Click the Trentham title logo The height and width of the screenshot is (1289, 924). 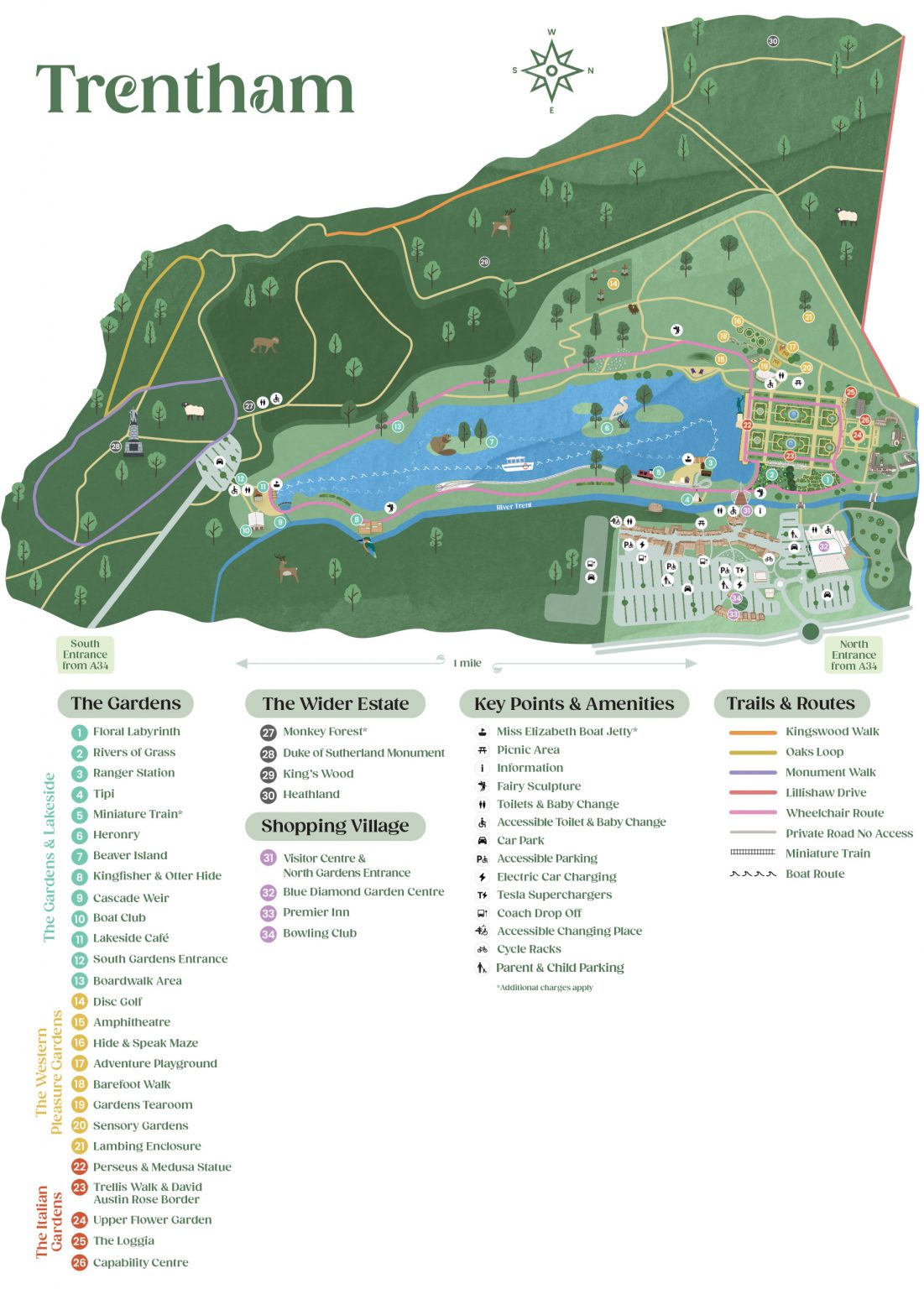tap(195, 88)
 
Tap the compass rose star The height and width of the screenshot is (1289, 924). tap(551, 70)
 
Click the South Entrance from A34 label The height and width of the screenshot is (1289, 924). tap(85, 655)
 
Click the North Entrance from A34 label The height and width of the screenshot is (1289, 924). tap(854, 655)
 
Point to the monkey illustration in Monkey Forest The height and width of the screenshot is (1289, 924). tap(264, 344)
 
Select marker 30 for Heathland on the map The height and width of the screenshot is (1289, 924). tap(772, 41)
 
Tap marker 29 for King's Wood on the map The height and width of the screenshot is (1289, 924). tap(484, 263)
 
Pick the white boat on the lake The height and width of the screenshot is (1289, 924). tap(518, 464)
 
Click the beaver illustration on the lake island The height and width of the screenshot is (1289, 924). tap(444, 444)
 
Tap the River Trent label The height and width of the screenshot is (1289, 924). tap(514, 506)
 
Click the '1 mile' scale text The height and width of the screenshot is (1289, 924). tap(467, 663)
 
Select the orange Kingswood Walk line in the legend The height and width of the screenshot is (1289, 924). tap(753, 732)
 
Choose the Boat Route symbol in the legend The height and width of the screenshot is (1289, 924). tap(753, 874)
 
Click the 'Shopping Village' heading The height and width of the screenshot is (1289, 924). tap(335, 826)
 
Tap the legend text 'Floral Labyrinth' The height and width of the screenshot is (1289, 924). tap(136, 732)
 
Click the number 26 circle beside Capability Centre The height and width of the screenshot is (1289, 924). tap(80, 1262)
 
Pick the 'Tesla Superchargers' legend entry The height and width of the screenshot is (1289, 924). tap(554, 895)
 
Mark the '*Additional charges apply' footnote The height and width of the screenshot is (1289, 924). tap(545, 988)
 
